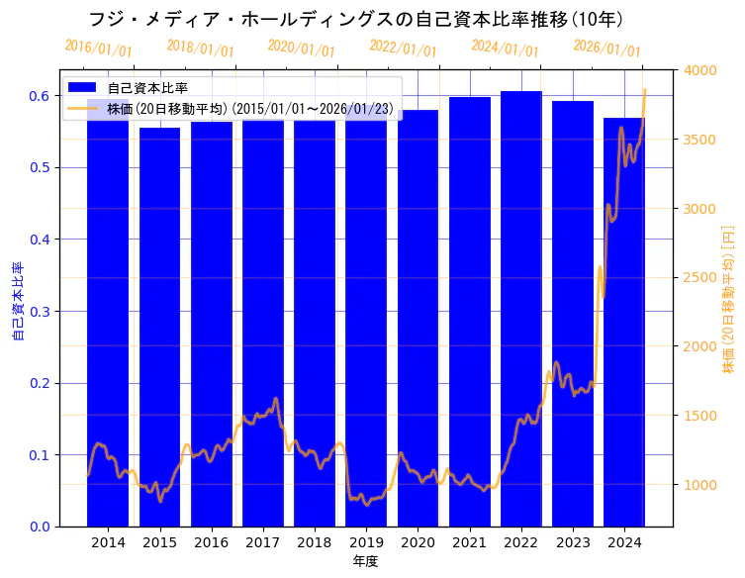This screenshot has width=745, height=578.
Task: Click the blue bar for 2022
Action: (521, 317)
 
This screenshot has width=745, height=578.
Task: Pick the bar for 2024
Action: (624, 327)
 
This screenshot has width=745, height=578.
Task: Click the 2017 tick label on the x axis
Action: (263, 543)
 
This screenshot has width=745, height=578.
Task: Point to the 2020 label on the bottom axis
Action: (418, 543)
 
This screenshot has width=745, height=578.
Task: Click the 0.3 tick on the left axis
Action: (41, 311)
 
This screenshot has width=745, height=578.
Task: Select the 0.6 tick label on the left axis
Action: (41, 96)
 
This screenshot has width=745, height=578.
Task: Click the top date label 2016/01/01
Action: (98, 48)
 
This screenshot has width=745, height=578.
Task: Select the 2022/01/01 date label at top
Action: (403, 48)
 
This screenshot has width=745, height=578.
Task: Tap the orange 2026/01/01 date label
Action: (606, 48)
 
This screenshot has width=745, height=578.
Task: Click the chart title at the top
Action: (356, 19)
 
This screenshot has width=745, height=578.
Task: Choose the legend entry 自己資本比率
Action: (147, 88)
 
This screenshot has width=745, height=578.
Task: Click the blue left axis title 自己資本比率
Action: (18, 302)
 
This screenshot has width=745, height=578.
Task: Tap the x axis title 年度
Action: (366, 562)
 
